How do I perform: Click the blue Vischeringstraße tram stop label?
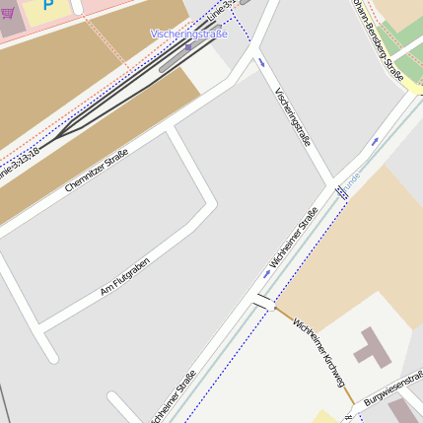point(188,34)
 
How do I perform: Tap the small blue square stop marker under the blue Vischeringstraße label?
point(188,46)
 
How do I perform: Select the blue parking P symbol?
point(47,5)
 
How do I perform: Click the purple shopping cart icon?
point(8,15)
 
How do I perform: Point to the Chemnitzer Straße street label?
point(97,170)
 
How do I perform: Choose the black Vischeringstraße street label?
point(293,116)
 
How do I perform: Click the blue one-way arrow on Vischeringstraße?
point(262,62)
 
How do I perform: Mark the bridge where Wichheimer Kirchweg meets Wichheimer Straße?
point(262,301)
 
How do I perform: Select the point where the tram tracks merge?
point(61,131)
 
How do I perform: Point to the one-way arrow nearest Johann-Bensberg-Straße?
point(375,141)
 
